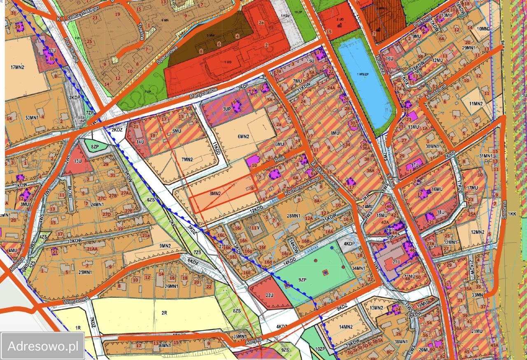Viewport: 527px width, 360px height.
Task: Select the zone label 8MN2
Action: pos(215,193)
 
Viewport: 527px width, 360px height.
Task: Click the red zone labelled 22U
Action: pos(270,295)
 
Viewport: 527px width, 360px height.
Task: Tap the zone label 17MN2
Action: pos(17,67)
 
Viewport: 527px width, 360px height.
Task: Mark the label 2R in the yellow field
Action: pos(164,313)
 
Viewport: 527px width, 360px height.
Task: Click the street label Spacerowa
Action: pos(166,54)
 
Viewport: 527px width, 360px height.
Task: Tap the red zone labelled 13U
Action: pos(77,161)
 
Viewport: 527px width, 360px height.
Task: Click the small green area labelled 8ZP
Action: pos(95,146)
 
